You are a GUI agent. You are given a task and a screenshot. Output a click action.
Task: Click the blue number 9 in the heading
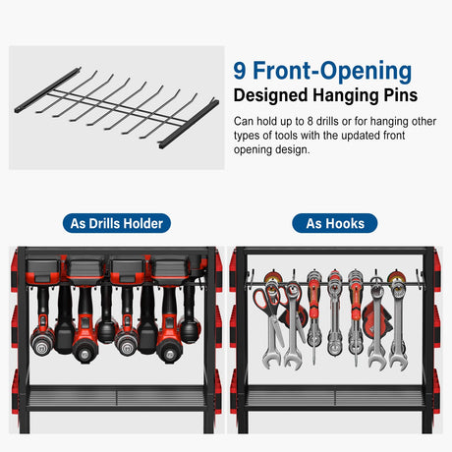(x=240, y=71)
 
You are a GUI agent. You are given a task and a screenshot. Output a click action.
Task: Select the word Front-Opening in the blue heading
(x=332, y=71)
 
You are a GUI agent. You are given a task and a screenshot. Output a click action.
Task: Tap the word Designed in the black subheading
(x=271, y=95)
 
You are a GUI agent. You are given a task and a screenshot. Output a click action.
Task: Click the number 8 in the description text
(x=311, y=122)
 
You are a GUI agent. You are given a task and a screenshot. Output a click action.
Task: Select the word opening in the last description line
(x=253, y=150)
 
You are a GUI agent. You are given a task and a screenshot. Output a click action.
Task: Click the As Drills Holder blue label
(x=117, y=223)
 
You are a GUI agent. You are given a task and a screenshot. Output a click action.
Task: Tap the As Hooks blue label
(x=335, y=223)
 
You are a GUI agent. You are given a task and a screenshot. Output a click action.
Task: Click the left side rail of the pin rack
(x=47, y=90)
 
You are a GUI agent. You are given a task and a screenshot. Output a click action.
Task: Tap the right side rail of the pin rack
(x=189, y=124)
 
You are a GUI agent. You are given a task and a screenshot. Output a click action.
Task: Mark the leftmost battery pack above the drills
(x=43, y=271)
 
